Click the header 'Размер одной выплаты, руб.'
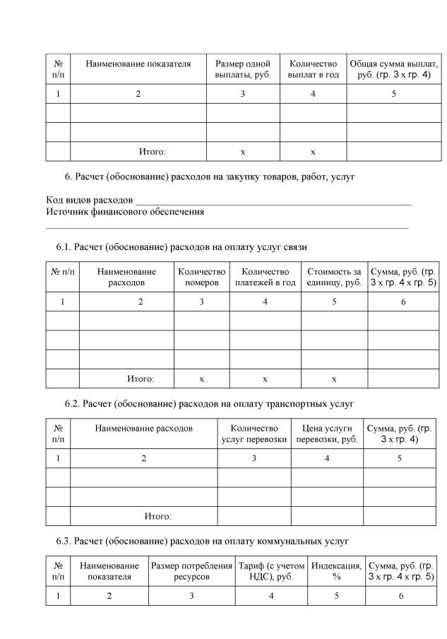[242, 69]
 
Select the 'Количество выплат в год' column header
[313, 69]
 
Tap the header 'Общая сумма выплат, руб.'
[393, 69]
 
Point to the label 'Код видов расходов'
[90, 201]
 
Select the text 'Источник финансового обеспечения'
[125, 211]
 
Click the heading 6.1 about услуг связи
[181, 247]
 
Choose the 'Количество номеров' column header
[201, 277]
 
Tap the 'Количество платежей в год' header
[265, 277]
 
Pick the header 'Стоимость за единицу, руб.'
[333, 277]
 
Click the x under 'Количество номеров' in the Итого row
[201, 379]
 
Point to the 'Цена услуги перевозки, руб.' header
[326, 434]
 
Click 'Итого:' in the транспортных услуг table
[157, 516]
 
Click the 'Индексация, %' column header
[336, 571]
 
